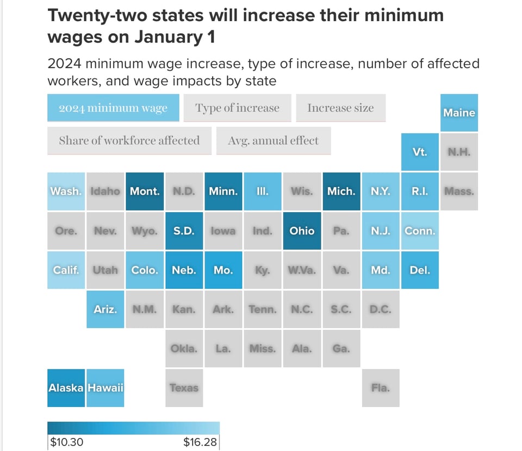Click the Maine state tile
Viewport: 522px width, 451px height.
pyautogui.click(x=459, y=113)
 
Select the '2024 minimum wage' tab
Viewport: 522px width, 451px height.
pyautogui.click(x=113, y=108)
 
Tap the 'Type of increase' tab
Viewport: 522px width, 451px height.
pyautogui.click(x=237, y=108)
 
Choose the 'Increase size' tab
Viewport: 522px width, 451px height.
pyautogui.click(x=340, y=108)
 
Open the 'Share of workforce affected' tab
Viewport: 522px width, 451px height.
pyautogui.click(x=129, y=140)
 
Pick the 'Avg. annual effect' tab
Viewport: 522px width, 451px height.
pyautogui.click(x=273, y=140)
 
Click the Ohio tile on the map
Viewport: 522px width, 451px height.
pyautogui.click(x=302, y=231)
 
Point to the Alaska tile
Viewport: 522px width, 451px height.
pyautogui.click(x=66, y=388)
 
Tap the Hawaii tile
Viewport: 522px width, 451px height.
pyautogui.click(x=105, y=388)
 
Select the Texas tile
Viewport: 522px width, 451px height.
pyautogui.click(x=184, y=388)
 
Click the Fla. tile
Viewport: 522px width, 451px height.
pyautogui.click(x=380, y=388)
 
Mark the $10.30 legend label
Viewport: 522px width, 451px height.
pyautogui.click(x=67, y=442)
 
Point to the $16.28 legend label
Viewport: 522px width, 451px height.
pyautogui.click(x=200, y=442)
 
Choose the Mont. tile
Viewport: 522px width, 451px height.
pyautogui.click(x=145, y=191)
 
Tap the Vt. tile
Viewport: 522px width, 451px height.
pyautogui.click(x=419, y=152)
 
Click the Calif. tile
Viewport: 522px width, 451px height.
pyautogui.click(x=66, y=270)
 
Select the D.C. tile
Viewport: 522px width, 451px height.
pyautogui.click(x=380, y=309)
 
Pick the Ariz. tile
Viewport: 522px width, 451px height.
pyautogui.click(x=105, y=309)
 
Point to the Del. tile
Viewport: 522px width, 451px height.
pyautogui.click(x=419, y=270)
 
